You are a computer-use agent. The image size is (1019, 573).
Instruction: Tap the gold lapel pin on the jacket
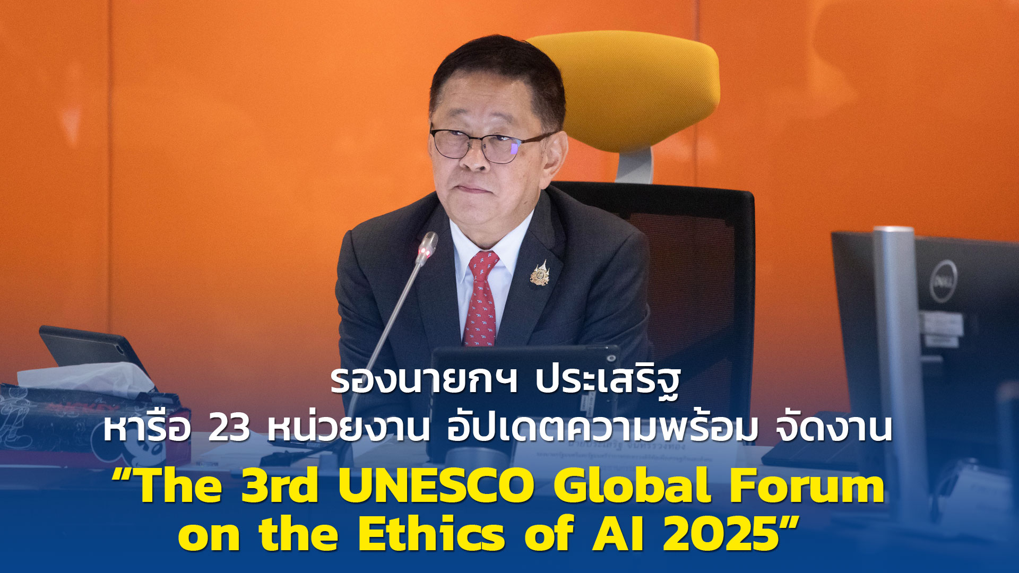540,274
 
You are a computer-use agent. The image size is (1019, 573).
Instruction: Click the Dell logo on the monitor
943,281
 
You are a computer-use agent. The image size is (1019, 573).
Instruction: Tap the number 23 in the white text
229,429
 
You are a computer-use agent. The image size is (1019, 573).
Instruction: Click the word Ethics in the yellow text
431,534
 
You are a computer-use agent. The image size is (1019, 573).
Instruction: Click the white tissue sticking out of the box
85,378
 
